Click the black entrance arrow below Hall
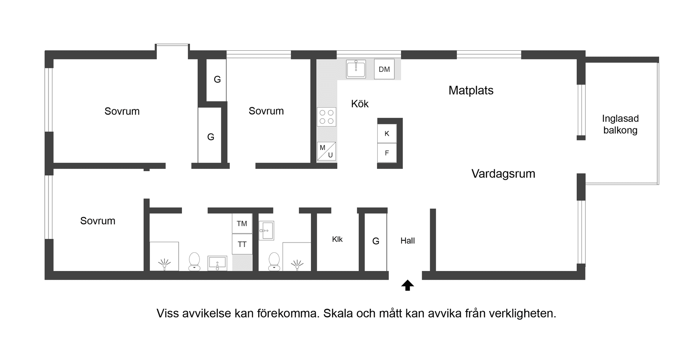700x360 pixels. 408,285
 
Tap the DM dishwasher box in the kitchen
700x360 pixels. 384,69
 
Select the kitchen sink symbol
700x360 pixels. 356,69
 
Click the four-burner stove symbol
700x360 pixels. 326,117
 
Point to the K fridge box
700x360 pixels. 387,133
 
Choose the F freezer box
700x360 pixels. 387,153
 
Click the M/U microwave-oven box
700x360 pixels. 326,151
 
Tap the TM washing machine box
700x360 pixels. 242,224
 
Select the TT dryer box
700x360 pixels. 242,244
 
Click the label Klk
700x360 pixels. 337,239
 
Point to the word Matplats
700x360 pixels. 471,90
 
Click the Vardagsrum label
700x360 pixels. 503,174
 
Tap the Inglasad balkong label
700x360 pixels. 620,124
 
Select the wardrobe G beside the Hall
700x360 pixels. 376,241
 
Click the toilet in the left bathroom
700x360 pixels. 194,262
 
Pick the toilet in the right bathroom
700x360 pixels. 274,262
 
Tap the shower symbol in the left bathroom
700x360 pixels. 164,264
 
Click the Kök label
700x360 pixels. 360,104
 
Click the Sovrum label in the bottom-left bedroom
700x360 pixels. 98,221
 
